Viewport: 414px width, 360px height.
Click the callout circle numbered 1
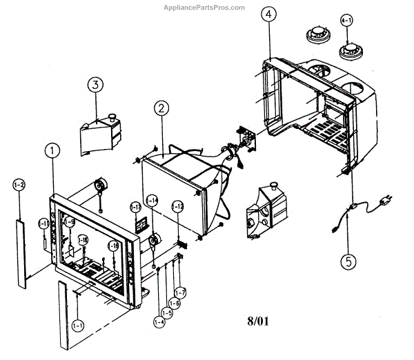click(x=51, y=151)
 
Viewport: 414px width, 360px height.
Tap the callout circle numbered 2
click(x=160, y=108)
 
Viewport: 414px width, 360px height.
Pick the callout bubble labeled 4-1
click(x=346, y=21)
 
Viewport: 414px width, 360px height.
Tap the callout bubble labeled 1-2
click(x=19, y=184)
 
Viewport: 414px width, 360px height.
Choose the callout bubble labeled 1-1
click(x=77, y=324)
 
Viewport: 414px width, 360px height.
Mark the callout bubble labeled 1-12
click(x=177, y=206)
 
